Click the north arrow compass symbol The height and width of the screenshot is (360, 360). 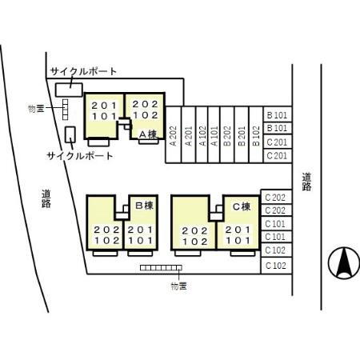coord(342,262)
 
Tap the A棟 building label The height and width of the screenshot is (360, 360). coord(147,134)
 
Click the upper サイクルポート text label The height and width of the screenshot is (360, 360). coord(83,71)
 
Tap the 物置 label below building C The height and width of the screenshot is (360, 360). coord(178,285)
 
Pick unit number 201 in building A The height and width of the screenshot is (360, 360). coord(104,106)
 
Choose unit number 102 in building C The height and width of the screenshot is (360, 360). coord(195,240)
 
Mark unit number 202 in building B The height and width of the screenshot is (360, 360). coord(106,228)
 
